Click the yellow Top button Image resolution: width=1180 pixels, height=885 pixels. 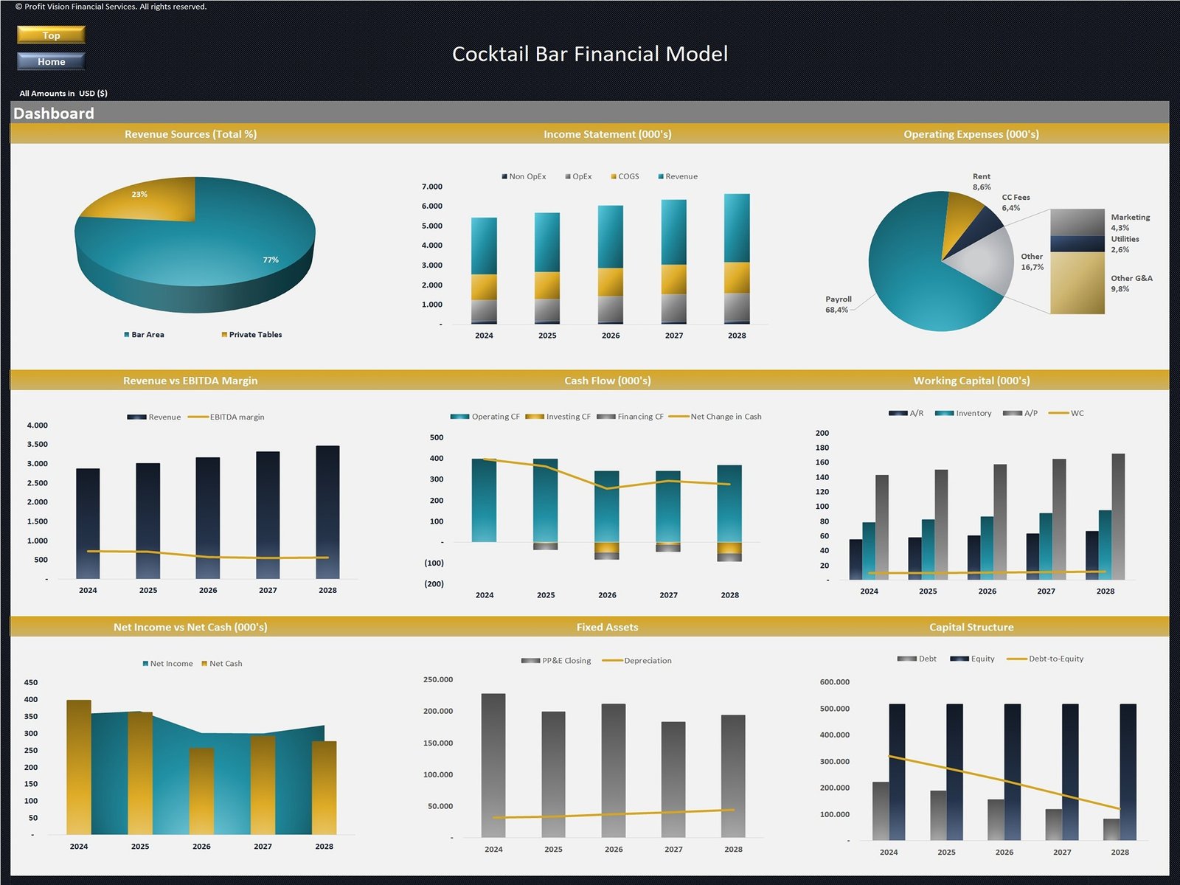[x=51, y=35]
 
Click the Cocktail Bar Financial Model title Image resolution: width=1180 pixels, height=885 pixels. [x=589, y=54]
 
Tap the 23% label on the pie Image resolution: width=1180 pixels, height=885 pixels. [x=139, y=195]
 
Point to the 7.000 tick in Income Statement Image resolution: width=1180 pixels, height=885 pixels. [x=432, y=187]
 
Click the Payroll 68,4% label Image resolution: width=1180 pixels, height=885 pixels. [x=838, y=305]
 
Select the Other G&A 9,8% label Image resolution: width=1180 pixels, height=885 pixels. [x=1131, y=283]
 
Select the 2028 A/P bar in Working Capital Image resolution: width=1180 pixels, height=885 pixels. [x=1118, y=516]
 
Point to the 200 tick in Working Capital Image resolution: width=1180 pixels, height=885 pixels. [x=822, y=433]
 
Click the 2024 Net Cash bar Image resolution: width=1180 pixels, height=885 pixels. [x=79, y=767]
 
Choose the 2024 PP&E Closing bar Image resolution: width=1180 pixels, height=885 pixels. [x=493, y=765]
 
